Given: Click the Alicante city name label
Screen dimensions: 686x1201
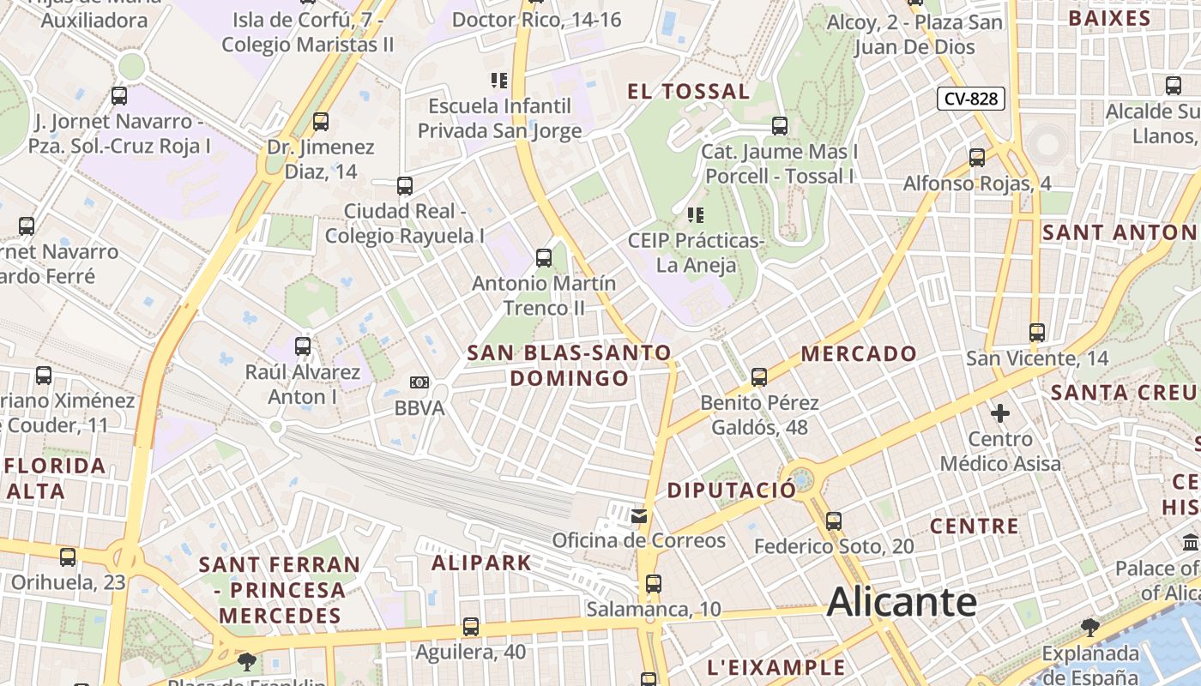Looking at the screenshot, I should coord(902,601).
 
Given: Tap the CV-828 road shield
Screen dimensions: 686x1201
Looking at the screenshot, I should coord(971,99).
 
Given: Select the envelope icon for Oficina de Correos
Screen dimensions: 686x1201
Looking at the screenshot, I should coord(639,515).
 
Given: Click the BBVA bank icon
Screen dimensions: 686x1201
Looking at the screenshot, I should coord(419,382).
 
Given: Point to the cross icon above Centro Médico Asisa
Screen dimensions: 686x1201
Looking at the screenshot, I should coord(1000,414).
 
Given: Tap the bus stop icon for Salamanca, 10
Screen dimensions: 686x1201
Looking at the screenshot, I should coord(654,584).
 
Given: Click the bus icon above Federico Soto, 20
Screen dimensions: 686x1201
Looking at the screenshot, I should coord(833,521).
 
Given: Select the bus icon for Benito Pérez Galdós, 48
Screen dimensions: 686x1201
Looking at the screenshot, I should coord(759,376).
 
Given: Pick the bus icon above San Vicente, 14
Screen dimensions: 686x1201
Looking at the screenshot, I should coord(1037,332).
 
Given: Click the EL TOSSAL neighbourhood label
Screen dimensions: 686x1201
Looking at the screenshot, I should coord(689,92).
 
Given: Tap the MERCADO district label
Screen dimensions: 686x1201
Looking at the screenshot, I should coord(859,353).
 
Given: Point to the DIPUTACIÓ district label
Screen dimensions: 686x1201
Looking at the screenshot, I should coord(732,490).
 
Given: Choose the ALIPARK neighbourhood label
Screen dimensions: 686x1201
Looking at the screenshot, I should coord(481,563).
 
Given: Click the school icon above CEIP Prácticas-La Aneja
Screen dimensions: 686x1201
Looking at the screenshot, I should coord(696,214).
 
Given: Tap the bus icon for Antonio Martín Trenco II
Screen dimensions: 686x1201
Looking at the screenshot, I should coord(544,257).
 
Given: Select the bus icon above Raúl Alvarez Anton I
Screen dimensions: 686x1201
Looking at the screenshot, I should coord(303,346).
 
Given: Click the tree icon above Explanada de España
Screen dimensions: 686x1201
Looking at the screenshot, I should coord(1090,628).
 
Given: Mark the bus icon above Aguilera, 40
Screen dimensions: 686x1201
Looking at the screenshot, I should coord(471,627).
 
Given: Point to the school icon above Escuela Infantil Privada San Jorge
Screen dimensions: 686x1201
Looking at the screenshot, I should coord(498,81).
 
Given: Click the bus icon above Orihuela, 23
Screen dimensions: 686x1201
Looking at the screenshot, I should coord(68,557).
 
